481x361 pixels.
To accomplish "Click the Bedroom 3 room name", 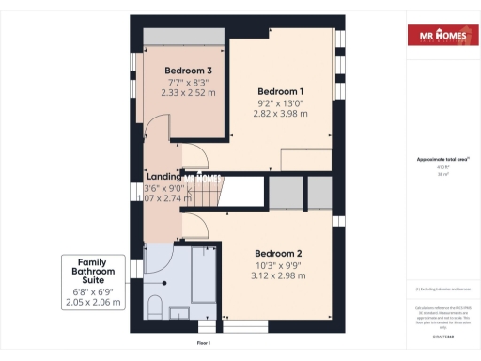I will (188, 71).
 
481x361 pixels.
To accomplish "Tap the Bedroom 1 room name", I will (280, 90).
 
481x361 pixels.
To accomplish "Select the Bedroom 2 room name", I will (279, 253).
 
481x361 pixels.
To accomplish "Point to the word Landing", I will (164, 176).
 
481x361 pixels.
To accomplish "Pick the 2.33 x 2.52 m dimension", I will (188, 93).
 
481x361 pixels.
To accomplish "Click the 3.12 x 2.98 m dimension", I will (279, 275).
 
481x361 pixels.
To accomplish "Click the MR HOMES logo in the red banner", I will (439, 38).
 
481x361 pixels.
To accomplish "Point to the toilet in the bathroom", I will (157, 307).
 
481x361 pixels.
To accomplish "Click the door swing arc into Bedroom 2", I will (194, 227).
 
